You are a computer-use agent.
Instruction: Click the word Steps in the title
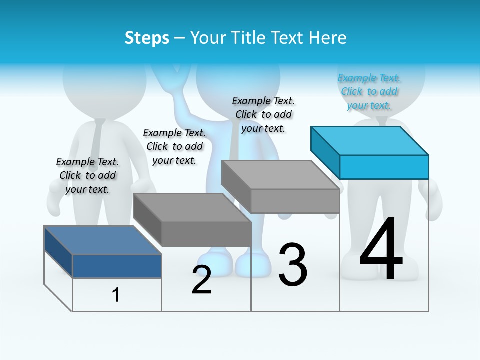(147, 38)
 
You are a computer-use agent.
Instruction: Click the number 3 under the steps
(293, 265)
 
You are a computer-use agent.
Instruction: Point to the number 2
(201, 280)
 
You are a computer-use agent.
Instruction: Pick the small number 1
(116, 295)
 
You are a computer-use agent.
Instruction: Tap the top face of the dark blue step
(102, 240)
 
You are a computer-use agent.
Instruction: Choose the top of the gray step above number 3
(280, 174)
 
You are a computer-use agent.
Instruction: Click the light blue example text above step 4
(369, 91)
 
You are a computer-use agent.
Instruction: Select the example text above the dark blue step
(87, 175)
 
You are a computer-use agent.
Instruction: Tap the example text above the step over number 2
(174, 146)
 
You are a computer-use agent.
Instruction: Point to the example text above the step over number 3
(263, 114)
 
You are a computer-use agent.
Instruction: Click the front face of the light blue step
(384, 167)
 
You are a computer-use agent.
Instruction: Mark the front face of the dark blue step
(117, 266)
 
